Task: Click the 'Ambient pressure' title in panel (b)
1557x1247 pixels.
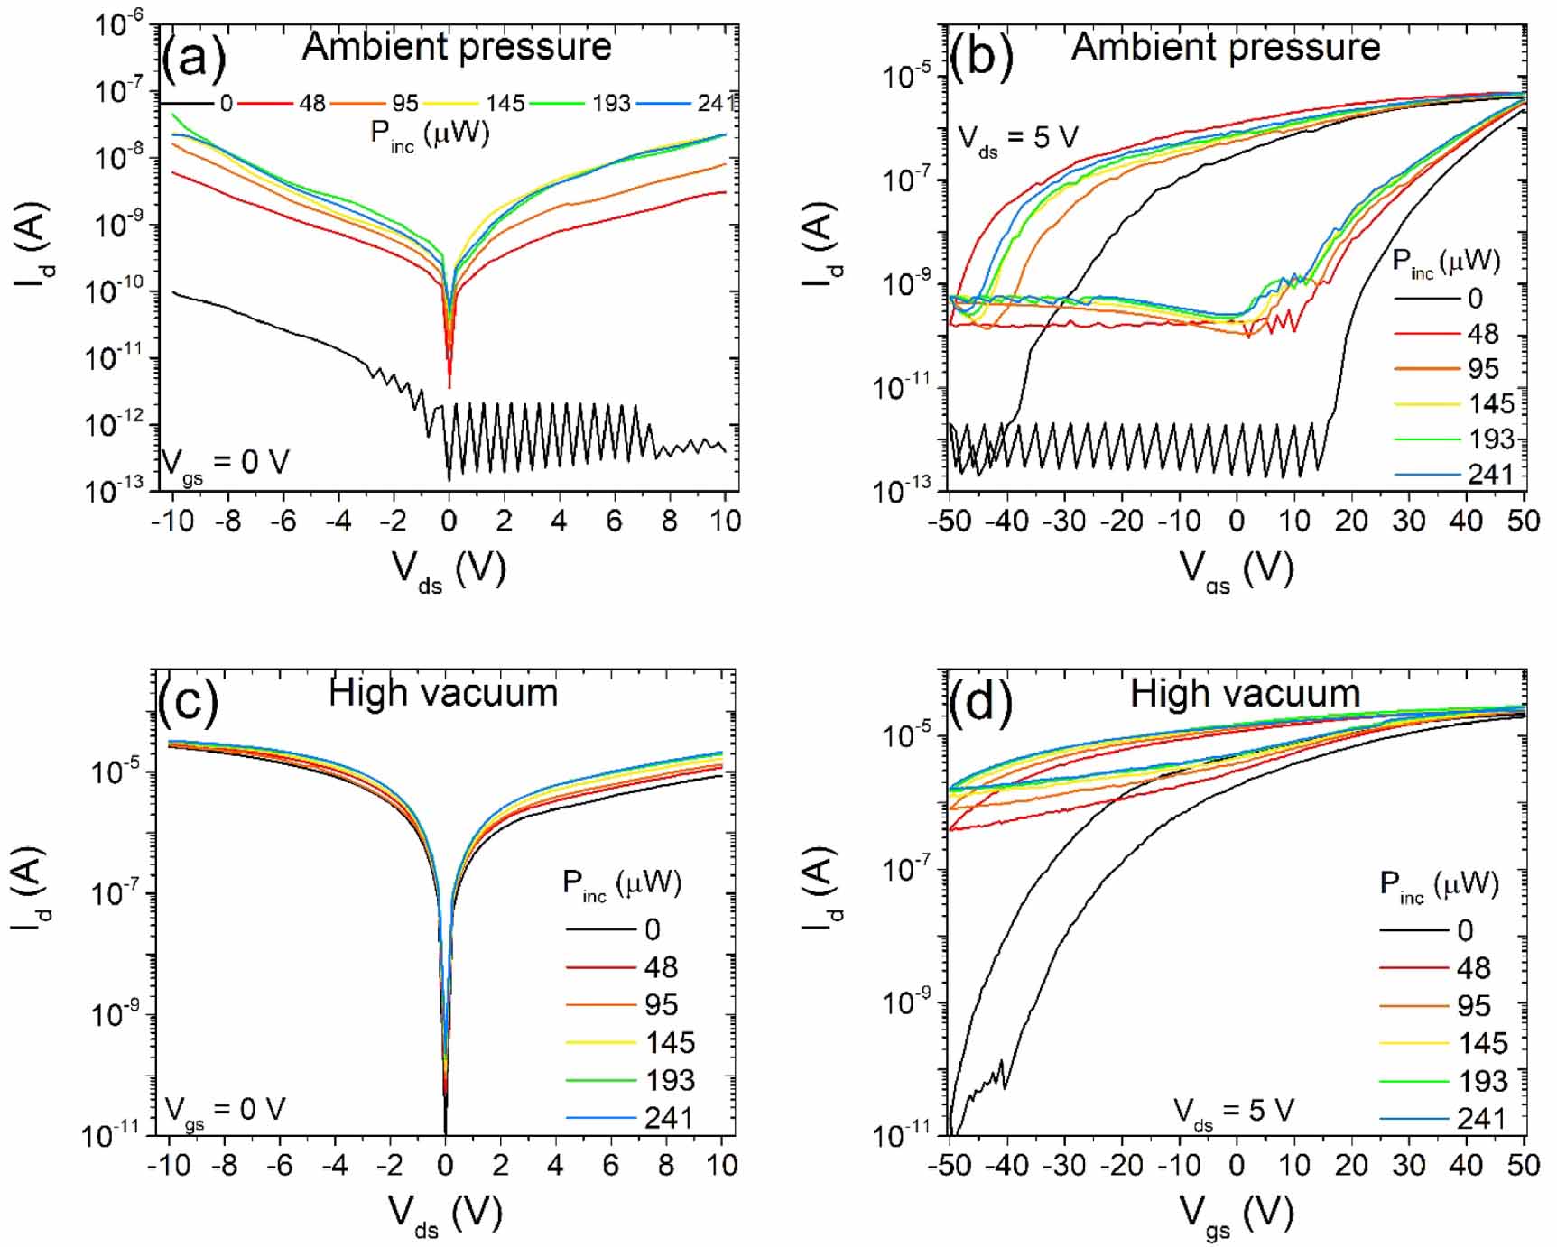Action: pos(1225,47)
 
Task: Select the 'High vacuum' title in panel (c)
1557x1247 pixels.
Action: pos(442,693)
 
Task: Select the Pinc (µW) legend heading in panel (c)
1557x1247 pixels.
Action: pos(621,883)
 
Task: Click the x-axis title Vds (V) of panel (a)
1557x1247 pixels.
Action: pos(449,571)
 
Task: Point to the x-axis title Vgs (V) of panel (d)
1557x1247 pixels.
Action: pos(1236,1215)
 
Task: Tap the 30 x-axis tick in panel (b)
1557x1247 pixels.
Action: pos(1408,521)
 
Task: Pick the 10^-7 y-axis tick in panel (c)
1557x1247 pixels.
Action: pos(116,893)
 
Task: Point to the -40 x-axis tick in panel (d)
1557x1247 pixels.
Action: pos(1006,1165)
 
